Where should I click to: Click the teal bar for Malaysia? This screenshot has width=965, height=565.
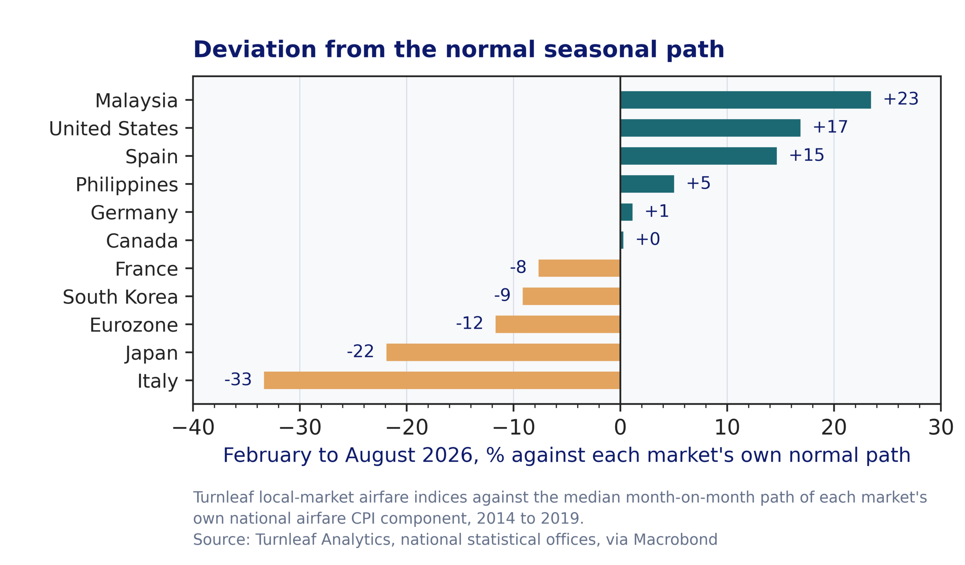point(746,100)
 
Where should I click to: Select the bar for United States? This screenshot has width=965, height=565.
point(710,128)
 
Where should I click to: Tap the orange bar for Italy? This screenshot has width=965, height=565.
point(442,380)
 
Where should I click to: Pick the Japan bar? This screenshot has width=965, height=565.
point(503,352)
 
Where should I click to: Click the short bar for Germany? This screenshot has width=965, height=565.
point(626,212)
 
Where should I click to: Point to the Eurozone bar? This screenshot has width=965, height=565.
point(558,324)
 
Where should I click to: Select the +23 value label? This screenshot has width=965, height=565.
point(901,99)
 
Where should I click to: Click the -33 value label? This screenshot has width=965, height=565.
point(238,379)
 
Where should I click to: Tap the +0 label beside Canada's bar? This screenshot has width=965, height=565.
point(648,239)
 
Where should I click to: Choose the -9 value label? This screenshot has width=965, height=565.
point(502,295)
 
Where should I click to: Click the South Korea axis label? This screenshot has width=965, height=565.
point(120,297)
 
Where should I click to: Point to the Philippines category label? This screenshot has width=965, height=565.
point(127,185)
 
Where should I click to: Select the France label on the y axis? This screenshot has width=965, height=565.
point(146,269)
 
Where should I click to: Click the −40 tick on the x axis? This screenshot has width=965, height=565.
point(193,427)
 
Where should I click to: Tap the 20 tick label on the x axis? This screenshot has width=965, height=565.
point(834,427)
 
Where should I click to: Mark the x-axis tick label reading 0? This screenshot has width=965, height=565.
point(620,427)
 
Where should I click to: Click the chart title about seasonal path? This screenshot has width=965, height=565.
point(459,50)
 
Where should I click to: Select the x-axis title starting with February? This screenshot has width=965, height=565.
point(567,456)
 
